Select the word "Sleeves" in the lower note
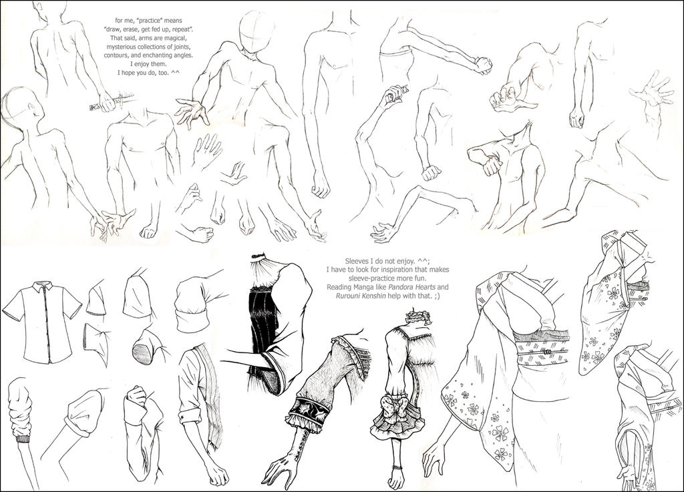(357, 261)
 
